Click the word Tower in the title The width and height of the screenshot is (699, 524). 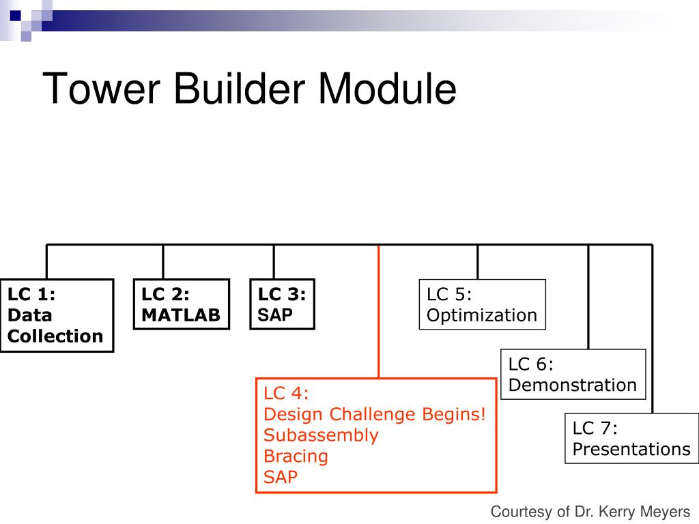point(101,88)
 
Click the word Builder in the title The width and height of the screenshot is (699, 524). point(240,88)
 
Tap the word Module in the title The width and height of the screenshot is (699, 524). point(388,88)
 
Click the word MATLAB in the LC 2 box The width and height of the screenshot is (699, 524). point(181,315)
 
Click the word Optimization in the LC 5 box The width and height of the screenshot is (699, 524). point(482,315)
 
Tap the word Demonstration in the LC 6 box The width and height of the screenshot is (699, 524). point(573,385)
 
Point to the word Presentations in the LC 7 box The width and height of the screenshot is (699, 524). point(631,449)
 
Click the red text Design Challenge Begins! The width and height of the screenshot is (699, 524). point(375,414)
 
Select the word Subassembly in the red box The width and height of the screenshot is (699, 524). point(321,435)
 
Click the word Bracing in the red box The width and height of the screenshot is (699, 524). point(296,456)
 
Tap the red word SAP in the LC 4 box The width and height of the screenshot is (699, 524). point(281,477)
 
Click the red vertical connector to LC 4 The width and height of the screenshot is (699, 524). point(378,311)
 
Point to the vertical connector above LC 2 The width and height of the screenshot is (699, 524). point(163,262)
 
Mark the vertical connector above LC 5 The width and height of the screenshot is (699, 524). point(477,262)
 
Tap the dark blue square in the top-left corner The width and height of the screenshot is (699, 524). point(16,16)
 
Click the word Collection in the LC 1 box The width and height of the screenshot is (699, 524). point(55,336)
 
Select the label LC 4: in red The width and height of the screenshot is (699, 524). point(286,394)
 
